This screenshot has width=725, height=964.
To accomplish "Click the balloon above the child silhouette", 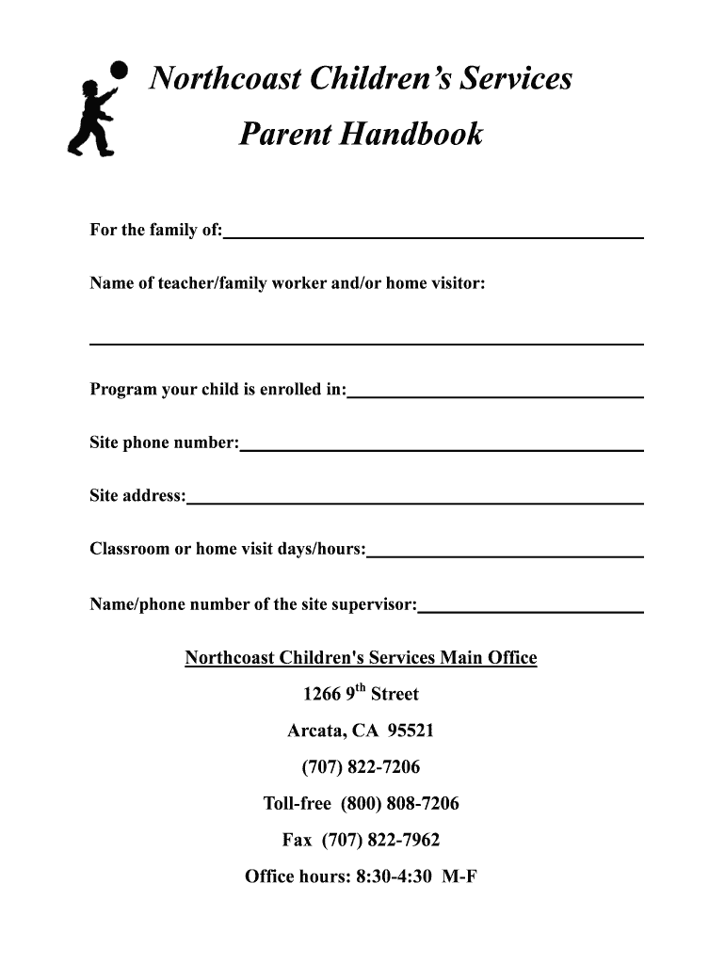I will (119, 70).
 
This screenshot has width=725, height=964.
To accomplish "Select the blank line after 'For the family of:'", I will (433, 235).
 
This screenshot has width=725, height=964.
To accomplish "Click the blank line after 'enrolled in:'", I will (495, 395).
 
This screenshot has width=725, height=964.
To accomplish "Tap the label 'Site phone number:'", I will (165, 442).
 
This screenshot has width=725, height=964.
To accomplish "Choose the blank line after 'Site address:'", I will (414, 502).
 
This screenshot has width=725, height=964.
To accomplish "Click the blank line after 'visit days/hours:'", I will (505, 555).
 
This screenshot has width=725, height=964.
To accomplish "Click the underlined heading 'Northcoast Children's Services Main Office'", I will (361, 658).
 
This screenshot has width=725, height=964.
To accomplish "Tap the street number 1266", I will (321, 695).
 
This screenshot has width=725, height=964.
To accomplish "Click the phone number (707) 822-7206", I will (361, 767).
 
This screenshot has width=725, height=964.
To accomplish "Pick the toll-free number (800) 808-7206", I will (400, 804).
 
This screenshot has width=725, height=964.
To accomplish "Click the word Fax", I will (297, 840).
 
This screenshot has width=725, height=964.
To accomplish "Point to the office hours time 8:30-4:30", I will (394, 876).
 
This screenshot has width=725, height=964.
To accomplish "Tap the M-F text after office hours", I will (459, 876).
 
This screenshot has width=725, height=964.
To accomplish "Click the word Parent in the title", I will (284, 135).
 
